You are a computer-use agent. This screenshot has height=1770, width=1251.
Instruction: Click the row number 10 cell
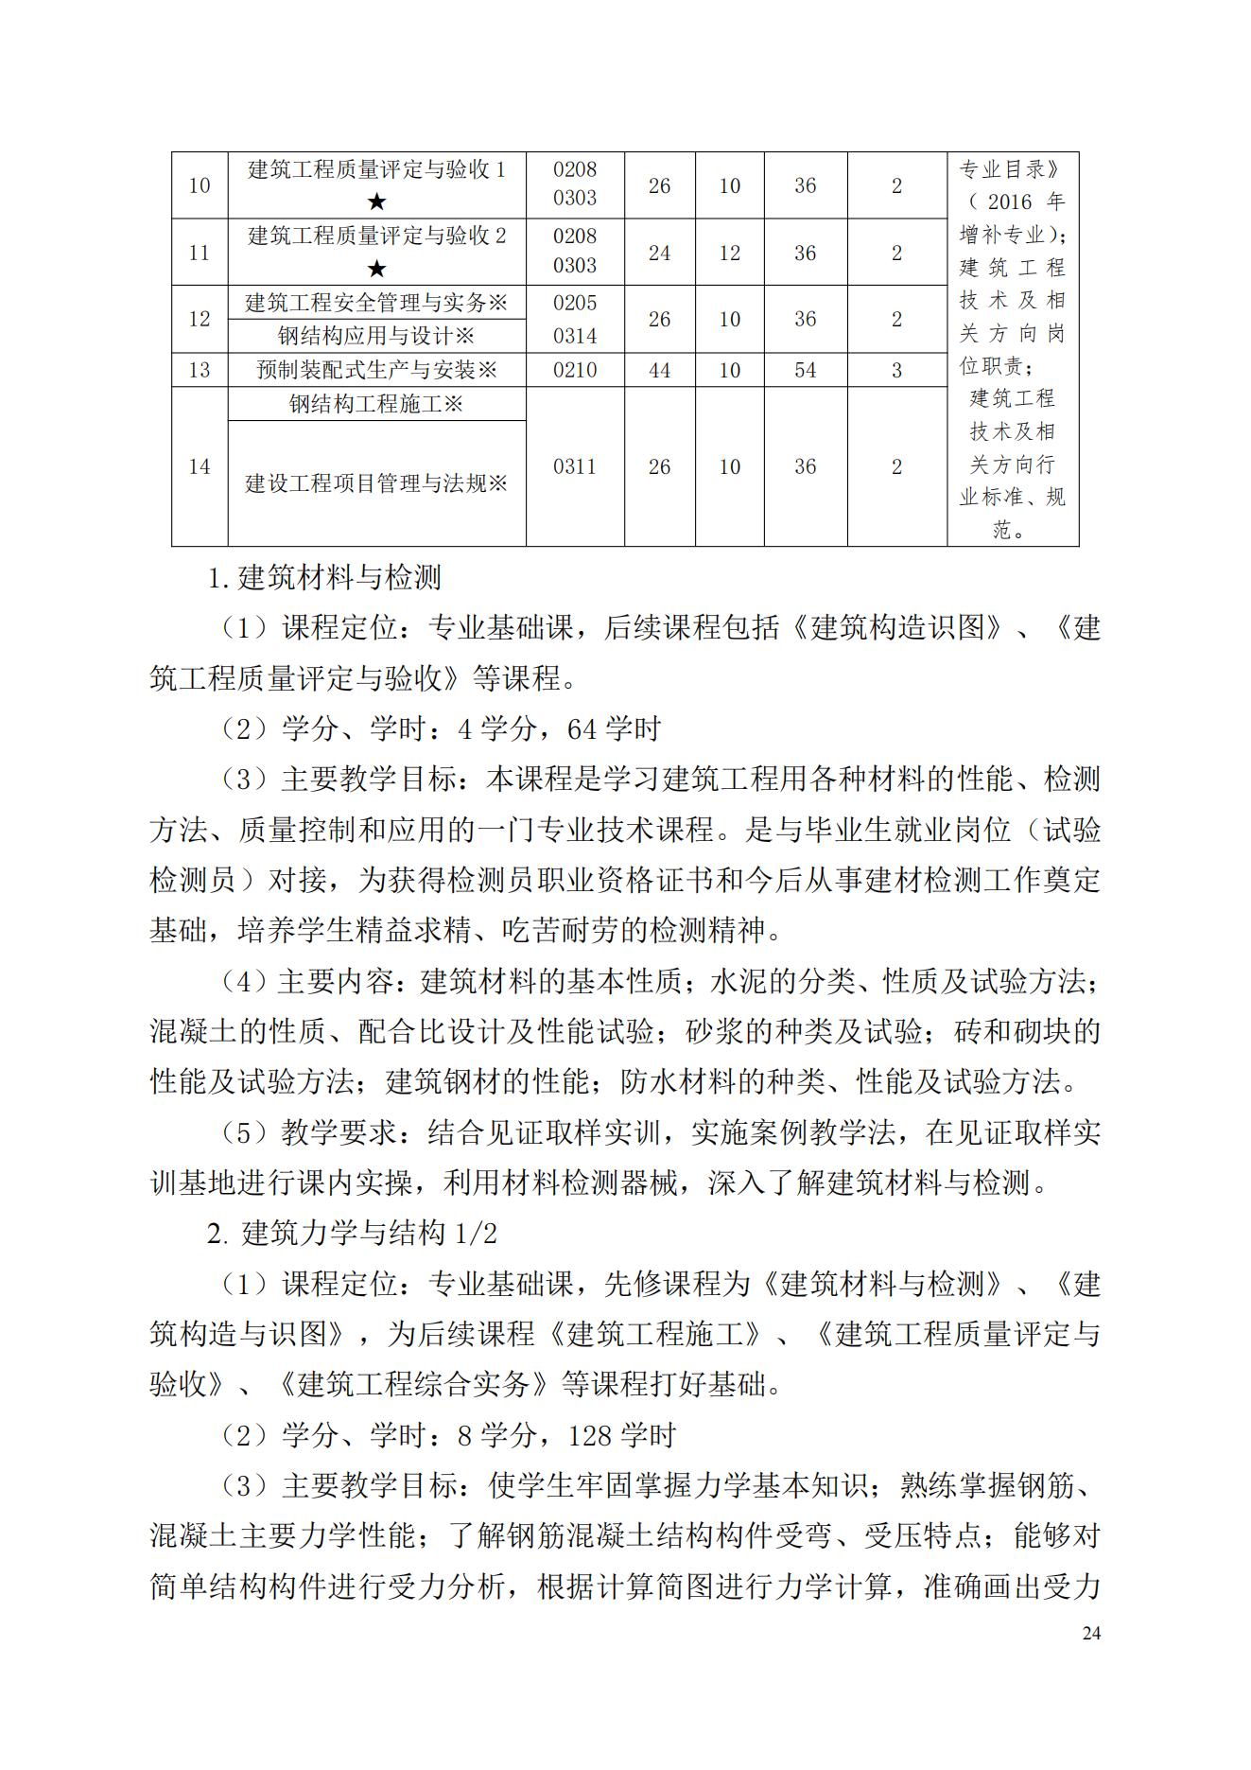(x=199, y=185)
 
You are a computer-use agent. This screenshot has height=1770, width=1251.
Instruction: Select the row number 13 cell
(x=199, y=370)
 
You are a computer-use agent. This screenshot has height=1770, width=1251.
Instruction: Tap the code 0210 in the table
(x=575, y=370)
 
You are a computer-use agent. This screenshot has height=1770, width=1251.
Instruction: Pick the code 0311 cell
(x=575, y=466)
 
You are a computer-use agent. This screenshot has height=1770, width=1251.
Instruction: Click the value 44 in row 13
(x=659, y=370)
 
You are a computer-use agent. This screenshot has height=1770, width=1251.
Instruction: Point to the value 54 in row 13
(x=805, y=370)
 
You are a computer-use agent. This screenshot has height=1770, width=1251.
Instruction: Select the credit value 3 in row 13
(x=896, y=370)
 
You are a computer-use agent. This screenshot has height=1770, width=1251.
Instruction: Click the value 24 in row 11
(x=659, y=253)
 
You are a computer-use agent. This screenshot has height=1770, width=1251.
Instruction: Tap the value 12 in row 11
(x=729, y=253)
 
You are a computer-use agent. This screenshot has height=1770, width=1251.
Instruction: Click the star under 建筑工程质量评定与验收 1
(x=376, y=202)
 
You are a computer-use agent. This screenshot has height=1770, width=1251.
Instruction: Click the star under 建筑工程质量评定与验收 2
(x=376, y=269)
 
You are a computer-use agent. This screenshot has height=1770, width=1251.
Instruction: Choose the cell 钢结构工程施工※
(x=376, y=404)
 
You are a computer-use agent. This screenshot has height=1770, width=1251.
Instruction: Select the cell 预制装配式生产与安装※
(x=376, y=370)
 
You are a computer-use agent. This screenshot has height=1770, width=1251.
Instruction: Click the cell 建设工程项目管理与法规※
(x=376, y=483)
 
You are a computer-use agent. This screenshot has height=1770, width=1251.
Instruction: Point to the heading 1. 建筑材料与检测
(x=324, y=577)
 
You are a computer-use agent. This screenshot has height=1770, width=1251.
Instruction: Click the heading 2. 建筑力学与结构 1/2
(x=352, y=1234)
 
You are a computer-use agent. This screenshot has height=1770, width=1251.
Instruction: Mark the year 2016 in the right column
(x=1010, y=202)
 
